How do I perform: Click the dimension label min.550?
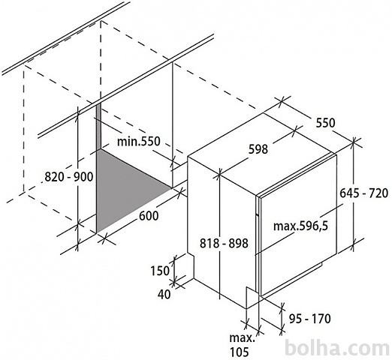pyautogui.click(x=138, y=142)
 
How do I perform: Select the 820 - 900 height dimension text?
pyautogui.click(x=69, y=177)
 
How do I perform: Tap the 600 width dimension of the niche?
pyautogui.click(x=149, y=216)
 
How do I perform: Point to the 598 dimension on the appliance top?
pyautogui.click(x=258, y=149)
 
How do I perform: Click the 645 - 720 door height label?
pyautogui.click(x=364, y=193)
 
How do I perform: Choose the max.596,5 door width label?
pyautogui.click(x=300, y=226)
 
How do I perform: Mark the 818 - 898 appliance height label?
pyautogui.click(x=224, y=243)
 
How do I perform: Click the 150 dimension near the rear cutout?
pyautogui.click(x=160, y=271)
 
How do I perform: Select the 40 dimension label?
pyautogui.click(x=164, y=294)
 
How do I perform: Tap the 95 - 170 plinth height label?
pyautogui.click(x=310, y=319)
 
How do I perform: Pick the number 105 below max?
pyautogui.click(x=240, y=352)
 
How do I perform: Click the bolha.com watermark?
pyautogui.click(x=337, y=348)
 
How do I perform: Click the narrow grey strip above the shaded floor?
pyautogui.click(x=98, y=127)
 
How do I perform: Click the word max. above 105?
pyautogui.click(x=242, y=338)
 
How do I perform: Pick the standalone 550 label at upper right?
pyautogui.click(x=325, y=123)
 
